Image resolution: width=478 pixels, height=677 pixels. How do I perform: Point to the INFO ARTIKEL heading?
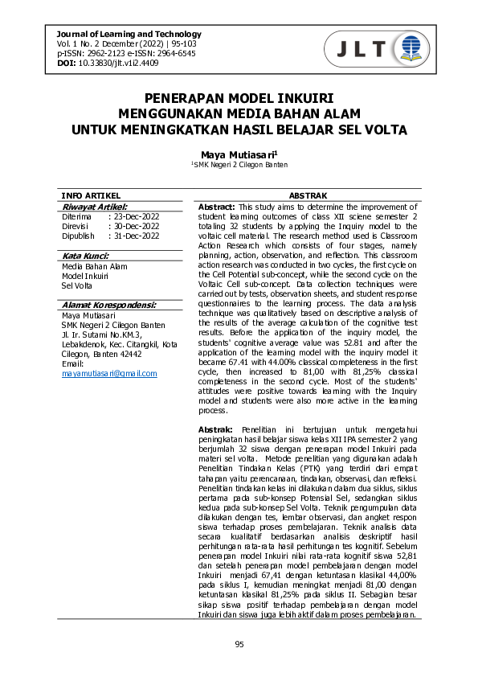91,195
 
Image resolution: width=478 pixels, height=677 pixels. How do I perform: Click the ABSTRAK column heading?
308,195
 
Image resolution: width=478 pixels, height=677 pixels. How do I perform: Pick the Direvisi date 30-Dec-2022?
136,227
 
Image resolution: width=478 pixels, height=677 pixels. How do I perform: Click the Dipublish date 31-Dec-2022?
136,236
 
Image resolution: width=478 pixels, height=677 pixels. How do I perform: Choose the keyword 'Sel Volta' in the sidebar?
77,285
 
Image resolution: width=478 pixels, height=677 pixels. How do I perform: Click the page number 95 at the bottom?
239,644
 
